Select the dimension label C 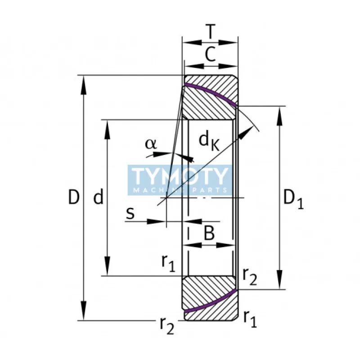click(210, 54)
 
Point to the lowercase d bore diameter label click(99, 197)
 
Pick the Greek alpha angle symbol click(151, 144)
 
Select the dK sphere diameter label click(209, 141)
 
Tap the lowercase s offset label click(130, 213)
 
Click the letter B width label click(209, 233)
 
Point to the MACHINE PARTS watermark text click(180, 190)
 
